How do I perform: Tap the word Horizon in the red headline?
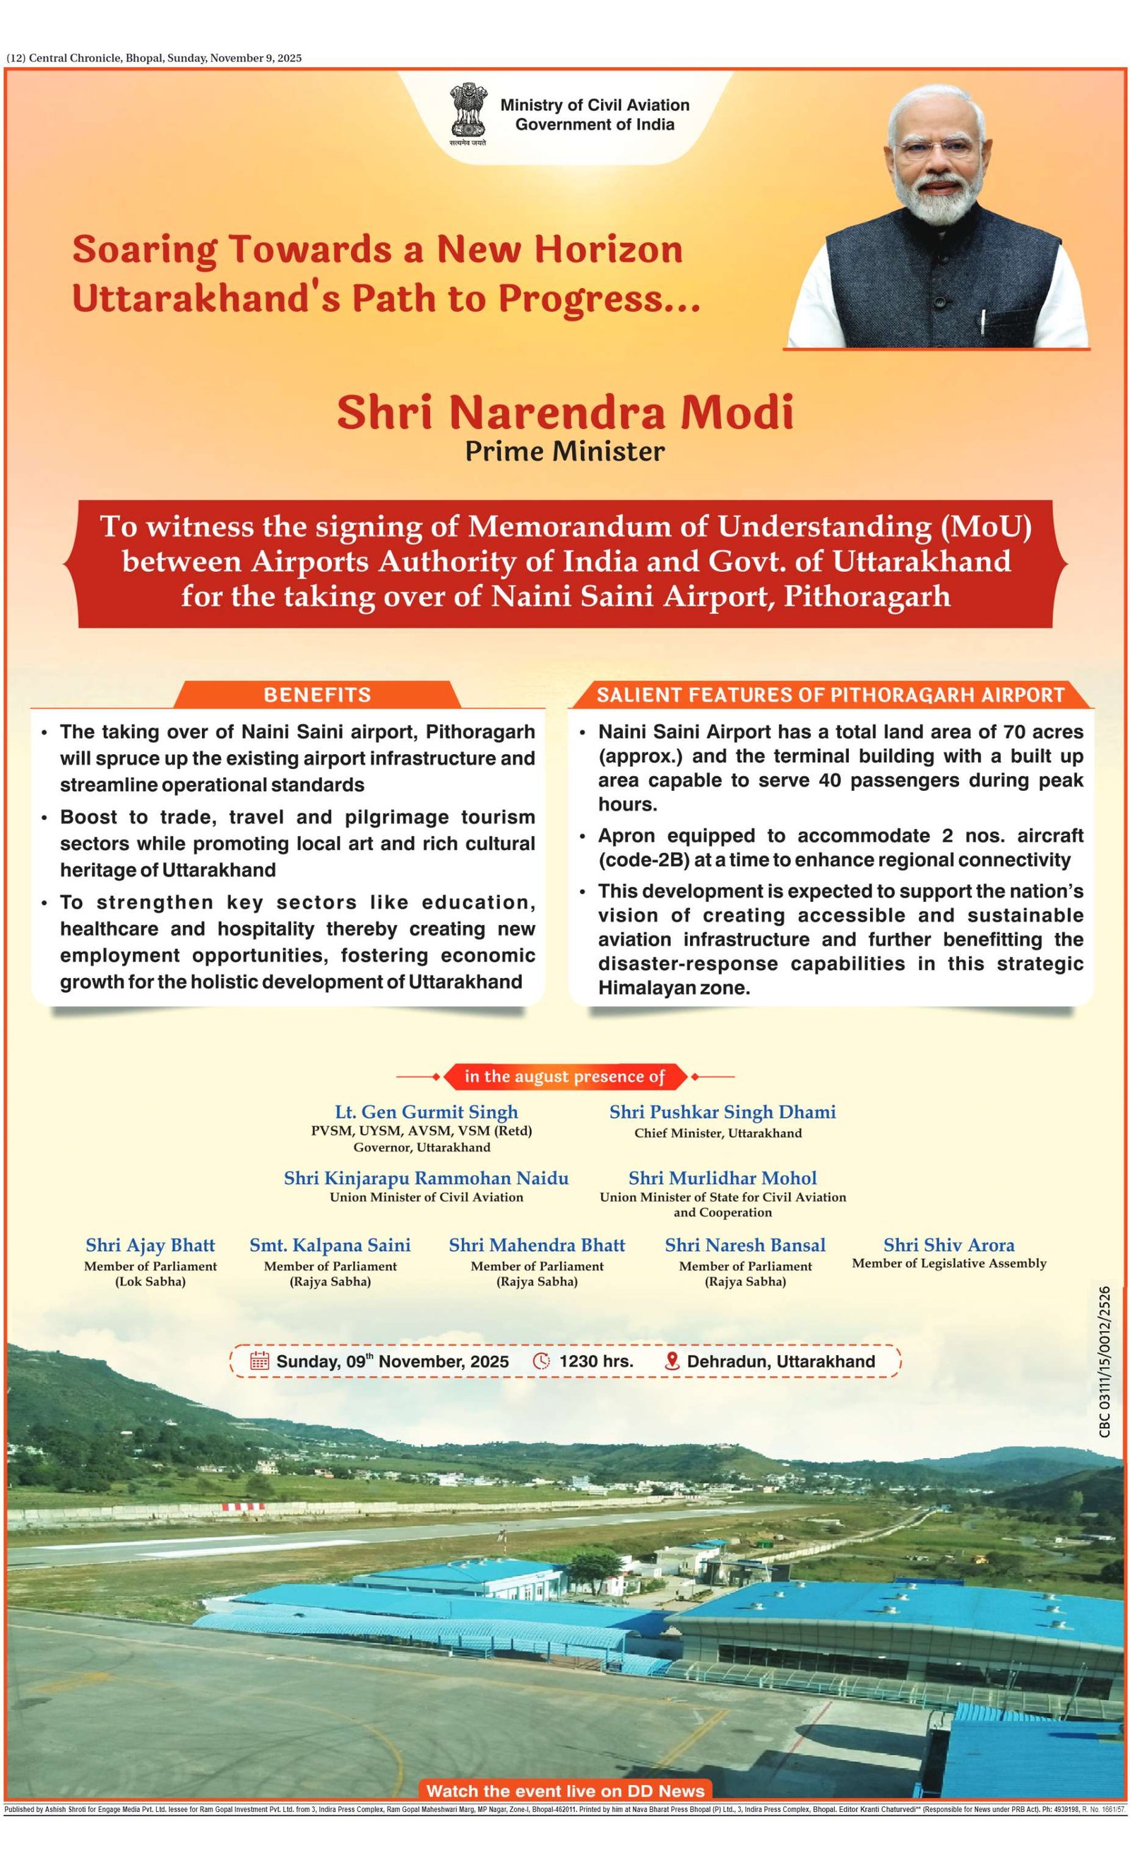(x=612, y=249)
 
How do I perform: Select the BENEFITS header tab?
(x=317, y=695)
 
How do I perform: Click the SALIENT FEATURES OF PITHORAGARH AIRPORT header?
(x=830, y=695)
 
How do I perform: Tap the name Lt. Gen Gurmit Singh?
(x=426, y=1111)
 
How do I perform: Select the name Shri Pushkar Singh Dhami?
(x=722, y=1111)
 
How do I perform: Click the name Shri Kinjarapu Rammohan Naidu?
(x=426, y=1179)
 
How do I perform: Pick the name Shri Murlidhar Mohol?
(x=722, y=1179)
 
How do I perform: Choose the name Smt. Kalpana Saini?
(x=330, y=1245)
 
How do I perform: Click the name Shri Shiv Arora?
(x=948, y=1245)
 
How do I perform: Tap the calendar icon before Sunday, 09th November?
(x=259, y=1361)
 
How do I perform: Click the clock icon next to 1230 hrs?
(x=541, y=1361)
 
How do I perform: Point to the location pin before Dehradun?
(x=672, y=1361)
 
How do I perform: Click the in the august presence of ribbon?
(x=564, y=1077)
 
